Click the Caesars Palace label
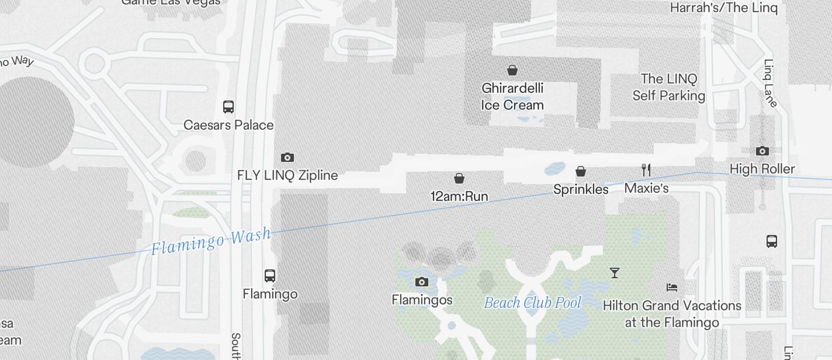pyautogui.click(x=228, y=125)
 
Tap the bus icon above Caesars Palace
pyautogui.click(x=228, y=107)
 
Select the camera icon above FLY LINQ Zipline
pyautogui.click(x=287, y=157)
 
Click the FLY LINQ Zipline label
pyautogui.click(x=287, y=175)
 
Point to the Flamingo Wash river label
pyautogui.click(x=211, y=241)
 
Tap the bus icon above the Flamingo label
pyautogui.click(x=270, y=275)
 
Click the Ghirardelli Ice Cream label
pyautogui.click(x=512, y=96)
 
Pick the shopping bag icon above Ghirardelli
pyautogui.click(x=512, y=71)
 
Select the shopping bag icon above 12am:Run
pyautogui.click(x=459, y=178)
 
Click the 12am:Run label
pyautogui.click(x=459, y=196)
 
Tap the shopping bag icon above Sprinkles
pyautogui.click(x=581, y=171)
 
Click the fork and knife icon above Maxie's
pyautogui.click(x=646, y=170)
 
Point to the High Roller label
pyautogui.click(x=762, y=169)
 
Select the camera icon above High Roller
pyautogui.click(x=762, y=151)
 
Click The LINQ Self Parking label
pyautogui.click(x=669, y=87)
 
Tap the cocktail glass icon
pyautogui.click(x=615, y=273)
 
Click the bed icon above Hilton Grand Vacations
pyautogui.click(x=672, y=288)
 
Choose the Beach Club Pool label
pyautogui.click(x=533, y=303)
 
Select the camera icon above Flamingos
pyautogui.click(x=422, y=282)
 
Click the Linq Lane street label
pyautogui.click(x=771, y=83)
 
